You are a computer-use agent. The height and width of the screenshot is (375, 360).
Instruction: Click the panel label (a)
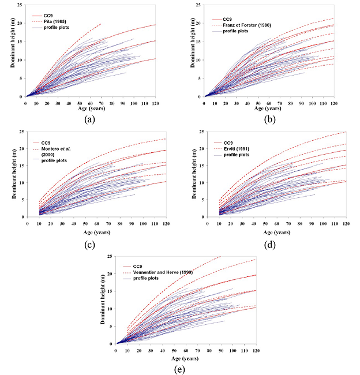tap(89, 119)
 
